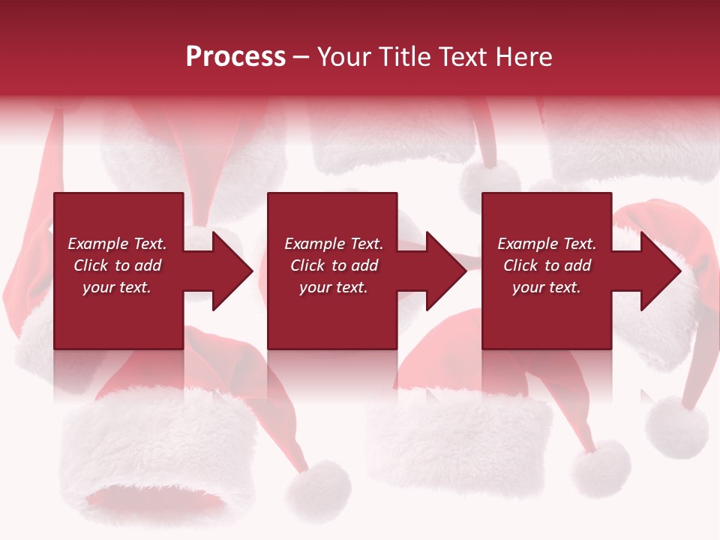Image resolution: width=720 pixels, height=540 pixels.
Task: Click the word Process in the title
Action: [x=235, y=57]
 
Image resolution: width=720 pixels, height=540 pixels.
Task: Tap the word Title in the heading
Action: [x=403, y=57]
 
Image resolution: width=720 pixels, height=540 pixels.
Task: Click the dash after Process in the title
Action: [x=301, y=58]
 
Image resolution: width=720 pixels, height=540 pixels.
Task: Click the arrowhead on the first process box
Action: [x=232, y=271]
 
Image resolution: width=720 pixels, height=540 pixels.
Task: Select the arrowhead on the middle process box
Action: [x=445, y=271]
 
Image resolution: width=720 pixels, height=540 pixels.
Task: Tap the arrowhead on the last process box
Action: [x=660, y=271]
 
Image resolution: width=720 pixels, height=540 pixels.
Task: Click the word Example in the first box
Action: [x=98, y=244]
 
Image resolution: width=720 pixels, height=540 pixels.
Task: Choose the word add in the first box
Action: [x=148, y=265]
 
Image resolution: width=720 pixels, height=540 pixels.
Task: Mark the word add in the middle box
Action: [x=365, y=265]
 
